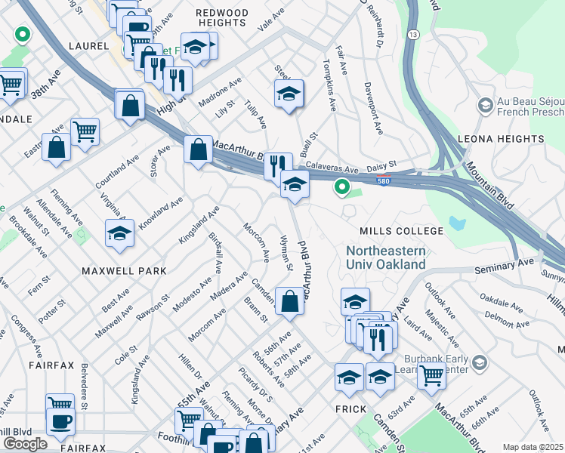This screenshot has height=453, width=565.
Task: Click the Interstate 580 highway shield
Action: click(384, 179)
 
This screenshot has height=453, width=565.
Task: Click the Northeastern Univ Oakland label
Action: click(385, 257)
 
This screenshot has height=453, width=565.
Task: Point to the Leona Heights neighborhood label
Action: click(501, 140)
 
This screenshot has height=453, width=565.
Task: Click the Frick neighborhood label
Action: click(350, 408)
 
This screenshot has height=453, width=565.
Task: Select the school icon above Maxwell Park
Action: click(119, 234)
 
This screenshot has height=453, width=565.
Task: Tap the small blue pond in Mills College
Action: click(457, 223)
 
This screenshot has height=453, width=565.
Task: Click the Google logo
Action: click(25, 444)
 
